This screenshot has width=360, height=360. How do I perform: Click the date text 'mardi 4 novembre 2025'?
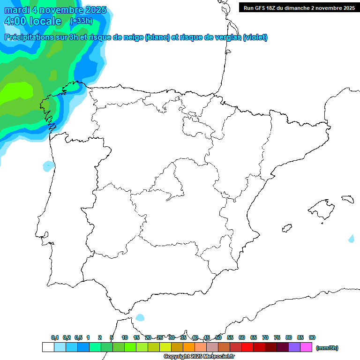(55, 10)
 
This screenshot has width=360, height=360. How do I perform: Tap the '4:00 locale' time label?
(32, 21)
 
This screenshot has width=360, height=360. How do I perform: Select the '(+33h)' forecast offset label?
(81, 21)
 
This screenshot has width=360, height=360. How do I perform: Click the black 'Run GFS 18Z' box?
(299, 8)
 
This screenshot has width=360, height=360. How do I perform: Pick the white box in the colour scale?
(48, 347)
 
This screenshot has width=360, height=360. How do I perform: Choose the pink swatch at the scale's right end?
(306, 347)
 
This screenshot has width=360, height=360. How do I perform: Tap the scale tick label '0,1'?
(55, 337)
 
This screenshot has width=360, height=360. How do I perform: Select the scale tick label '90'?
(312, 337)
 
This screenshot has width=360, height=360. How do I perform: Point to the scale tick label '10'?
(125, 337)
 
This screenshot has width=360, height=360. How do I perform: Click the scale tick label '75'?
(277, 337)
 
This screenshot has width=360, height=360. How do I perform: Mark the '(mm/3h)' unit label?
(327, 348)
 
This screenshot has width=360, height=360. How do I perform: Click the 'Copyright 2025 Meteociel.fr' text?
(199, 357)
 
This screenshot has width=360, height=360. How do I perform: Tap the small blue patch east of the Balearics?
(352, 239)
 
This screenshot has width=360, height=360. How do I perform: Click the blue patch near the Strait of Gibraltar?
(140, 317)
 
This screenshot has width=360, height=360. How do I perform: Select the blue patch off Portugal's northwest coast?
(49, 165)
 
